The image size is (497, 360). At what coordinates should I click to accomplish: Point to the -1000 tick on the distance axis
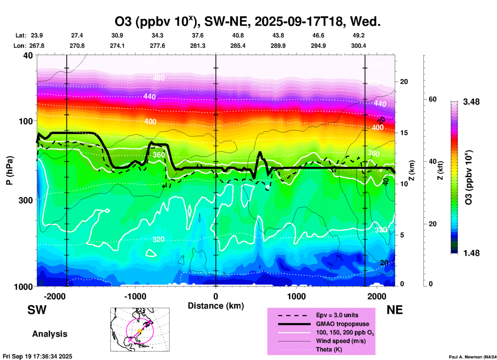pos(135,296)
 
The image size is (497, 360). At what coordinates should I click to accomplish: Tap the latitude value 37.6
pos(197,35)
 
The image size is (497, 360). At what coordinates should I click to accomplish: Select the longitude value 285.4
pos(238,46)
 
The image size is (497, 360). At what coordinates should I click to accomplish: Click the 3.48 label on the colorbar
pos(471,102)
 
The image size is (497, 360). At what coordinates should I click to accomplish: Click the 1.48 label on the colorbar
pos(471,253)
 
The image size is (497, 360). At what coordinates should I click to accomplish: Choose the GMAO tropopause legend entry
pos(342,324)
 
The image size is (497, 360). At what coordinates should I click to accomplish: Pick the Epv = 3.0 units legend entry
pos(337,315)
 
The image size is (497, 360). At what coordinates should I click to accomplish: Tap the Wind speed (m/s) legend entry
pos(341,341)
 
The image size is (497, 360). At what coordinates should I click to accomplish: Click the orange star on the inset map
pos(140,331)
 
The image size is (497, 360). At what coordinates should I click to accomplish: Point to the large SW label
pos(37,310)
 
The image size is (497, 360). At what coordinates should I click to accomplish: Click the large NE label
pos(395,310)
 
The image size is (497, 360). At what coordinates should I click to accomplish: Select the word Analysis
pos(50,334)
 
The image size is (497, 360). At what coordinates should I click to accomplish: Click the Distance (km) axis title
pos(216,306)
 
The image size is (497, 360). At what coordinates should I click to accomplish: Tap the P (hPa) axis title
pos(10,170)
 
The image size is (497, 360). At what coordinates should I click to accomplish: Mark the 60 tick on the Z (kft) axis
pos(432,99)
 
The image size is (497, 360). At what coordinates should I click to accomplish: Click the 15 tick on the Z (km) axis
pos(404,133)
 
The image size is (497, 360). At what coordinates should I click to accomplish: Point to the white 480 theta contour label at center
pos(158,78)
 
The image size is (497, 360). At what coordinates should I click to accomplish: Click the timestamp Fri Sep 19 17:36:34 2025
pos(37,356)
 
